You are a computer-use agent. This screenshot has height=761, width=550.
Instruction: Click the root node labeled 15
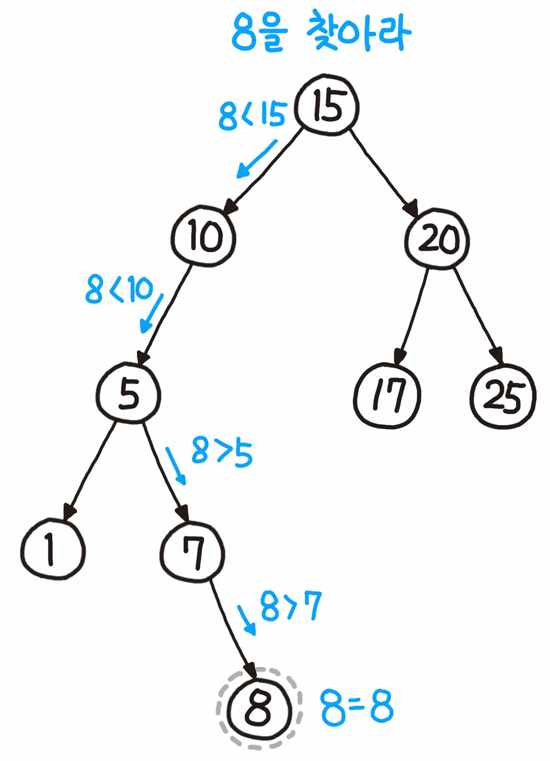coord(327,105)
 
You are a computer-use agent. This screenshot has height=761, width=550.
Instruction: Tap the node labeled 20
coord(437,239)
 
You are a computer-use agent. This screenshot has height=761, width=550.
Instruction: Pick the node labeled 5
coord(129,393)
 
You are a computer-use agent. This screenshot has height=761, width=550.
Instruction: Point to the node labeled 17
coord(387,395)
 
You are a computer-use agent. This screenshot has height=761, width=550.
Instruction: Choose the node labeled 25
coord(503,396)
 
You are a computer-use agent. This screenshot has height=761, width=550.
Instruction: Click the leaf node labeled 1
coord(53,550)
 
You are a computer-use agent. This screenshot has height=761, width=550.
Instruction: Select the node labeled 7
coord(193,552)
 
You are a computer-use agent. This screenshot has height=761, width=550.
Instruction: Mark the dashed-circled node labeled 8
coord(258,708)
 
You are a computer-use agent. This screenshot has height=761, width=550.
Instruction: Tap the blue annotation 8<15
coord(252,115)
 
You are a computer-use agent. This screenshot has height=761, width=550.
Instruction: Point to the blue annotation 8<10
coord(119,290)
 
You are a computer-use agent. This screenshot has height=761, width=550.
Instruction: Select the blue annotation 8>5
coord(222,452)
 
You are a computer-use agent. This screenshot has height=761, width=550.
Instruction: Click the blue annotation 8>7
coord(290,606)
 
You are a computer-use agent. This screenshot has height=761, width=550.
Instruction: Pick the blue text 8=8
coord(357,707)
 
